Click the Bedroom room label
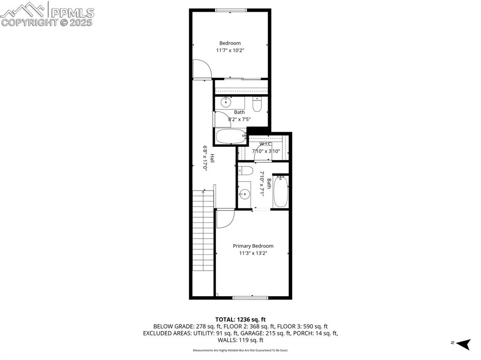tap(230, 43)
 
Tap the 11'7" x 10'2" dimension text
tap(230, 50)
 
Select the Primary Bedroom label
tap(253, 246)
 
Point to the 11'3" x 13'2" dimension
tap(253, 253)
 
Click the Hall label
tap(212, 158)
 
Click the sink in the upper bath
tap(226, 101)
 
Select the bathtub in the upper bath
tap(231, 137)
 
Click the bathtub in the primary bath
tap(280, 191)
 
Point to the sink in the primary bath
tap(244, 193)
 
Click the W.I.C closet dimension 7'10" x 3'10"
tap(266, 151)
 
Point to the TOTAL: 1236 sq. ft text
tap(240, 318)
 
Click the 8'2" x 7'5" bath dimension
tap(240, 119)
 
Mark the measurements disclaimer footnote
tap(240, 350)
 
